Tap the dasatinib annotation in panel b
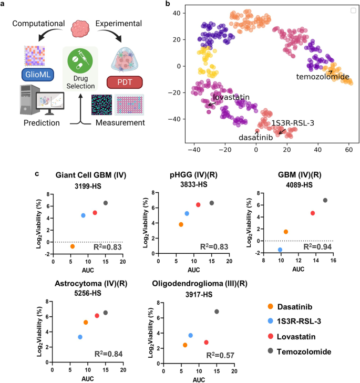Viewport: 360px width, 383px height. point(256,138)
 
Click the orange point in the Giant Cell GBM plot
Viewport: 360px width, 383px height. point(73,246)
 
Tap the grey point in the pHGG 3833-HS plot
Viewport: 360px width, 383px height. point(212,203)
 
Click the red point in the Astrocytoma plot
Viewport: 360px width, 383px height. point(97,316)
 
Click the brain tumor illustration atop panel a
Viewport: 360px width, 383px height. point(79,27)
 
